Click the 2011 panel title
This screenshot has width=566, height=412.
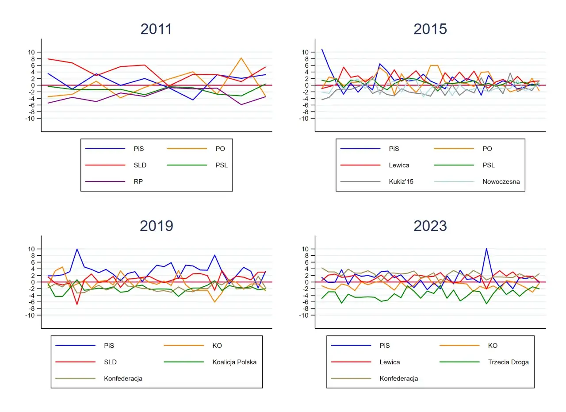coord(156,29)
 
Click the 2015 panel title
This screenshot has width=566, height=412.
coord(430,29)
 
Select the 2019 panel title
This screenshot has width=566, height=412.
coord(156,226)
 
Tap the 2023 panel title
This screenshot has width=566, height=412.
coord(430,226)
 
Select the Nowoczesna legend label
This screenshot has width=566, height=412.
coord(501,181)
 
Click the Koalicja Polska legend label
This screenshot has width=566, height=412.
coord(234,362)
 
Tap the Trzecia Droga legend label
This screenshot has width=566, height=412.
coord(509,362)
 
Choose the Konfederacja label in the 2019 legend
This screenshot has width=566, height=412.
coord(123,378)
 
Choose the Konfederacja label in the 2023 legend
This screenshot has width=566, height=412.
coord(398,378)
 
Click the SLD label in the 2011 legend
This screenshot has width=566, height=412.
coord(139,165)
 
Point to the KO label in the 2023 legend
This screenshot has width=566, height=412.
coord(493,346)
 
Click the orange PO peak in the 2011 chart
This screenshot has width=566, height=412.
coord(241,58)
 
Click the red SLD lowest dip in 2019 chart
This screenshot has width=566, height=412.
coord(77,304)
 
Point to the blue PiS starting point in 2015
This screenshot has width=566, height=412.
coord(322,49)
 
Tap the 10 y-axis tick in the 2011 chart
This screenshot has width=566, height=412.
coord(31,52)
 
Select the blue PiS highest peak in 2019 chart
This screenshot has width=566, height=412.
coord(77,249)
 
